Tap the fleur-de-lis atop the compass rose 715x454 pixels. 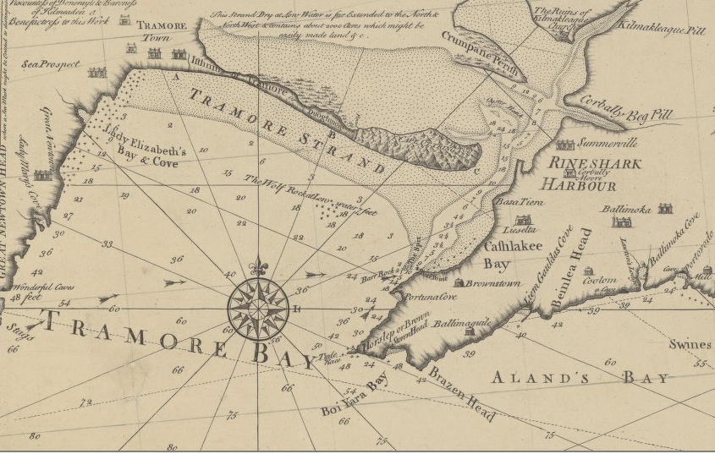(x=258, y=266)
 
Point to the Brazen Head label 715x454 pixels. (x=461, y=393)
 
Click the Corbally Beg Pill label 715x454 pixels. (x=618, y=113)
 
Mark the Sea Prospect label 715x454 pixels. (x=51, y=64)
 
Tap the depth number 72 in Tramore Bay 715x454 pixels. (x=85, y=403)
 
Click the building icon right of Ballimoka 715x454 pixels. (x=664, y=208)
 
